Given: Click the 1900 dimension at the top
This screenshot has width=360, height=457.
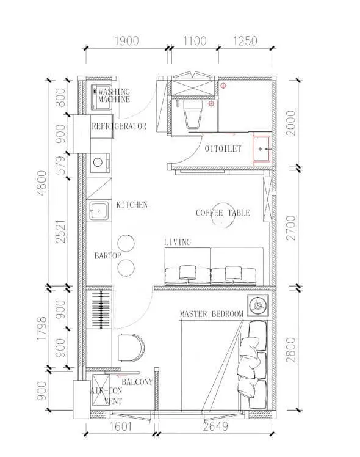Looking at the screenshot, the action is pos(126,41).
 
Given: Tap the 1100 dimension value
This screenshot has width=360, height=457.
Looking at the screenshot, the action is pos(195,41).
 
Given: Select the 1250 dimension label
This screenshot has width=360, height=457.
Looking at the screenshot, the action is pos(245,41).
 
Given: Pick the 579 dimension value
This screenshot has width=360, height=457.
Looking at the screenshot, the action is pos(61,165).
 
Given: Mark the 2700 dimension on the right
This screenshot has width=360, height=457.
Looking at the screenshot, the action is pos(290,228).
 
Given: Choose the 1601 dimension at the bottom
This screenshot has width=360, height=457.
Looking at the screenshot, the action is pos(120,426).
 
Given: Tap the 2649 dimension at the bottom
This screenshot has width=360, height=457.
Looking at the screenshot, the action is pos(215,426).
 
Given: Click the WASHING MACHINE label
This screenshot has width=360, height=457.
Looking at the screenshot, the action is pos(113,95).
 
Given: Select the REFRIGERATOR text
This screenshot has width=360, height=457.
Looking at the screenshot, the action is pos(119,126).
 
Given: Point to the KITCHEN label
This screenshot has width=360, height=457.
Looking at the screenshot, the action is pos(132,205).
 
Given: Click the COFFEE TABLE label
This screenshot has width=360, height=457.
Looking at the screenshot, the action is pos(223,213).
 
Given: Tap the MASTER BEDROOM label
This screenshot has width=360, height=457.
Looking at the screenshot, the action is pos(211,314).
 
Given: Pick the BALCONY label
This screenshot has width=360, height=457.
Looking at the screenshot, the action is pos(137,382).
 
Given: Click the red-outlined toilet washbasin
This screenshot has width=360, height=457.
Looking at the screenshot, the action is pos(262,149).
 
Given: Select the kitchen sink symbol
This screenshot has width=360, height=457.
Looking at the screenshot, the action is pos(99,210).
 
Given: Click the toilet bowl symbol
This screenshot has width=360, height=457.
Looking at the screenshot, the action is pos(193,115).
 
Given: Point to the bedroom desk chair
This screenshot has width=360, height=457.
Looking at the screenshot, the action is pos(131,348).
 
